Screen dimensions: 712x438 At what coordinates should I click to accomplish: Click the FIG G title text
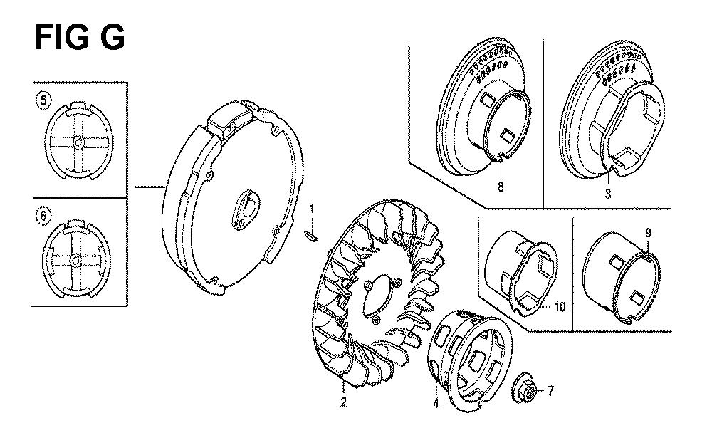(80, 37)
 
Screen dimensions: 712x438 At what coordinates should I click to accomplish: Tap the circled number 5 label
(43, 100)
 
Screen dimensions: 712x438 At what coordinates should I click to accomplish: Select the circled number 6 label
(43, 215)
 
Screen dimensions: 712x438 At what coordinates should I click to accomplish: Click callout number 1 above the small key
(312, 210)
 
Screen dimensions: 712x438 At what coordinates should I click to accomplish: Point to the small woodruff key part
(310, 235)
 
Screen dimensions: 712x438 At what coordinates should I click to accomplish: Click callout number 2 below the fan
(343, 402)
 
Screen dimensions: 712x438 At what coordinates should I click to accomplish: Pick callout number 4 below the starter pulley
(436, 403)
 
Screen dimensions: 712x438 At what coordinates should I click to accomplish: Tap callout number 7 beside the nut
(550, 391)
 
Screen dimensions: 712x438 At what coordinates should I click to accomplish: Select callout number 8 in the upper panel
(501, 187)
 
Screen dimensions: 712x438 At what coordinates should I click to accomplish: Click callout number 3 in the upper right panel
(608, 194)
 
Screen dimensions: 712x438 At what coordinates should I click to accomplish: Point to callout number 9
(649, 233)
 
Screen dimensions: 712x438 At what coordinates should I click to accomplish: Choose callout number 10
(560, 307)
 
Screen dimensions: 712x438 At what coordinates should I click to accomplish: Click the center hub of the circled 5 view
(78, 142)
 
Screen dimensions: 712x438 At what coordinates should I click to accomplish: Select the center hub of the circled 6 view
(75, 261)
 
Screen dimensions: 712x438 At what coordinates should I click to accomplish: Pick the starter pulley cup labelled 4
(470, 360)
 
